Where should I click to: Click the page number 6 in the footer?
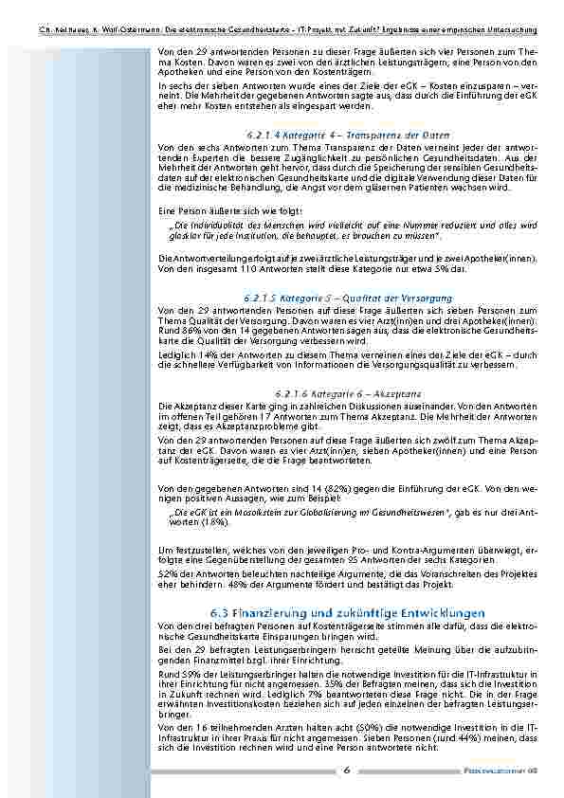(x=347, y=770)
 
